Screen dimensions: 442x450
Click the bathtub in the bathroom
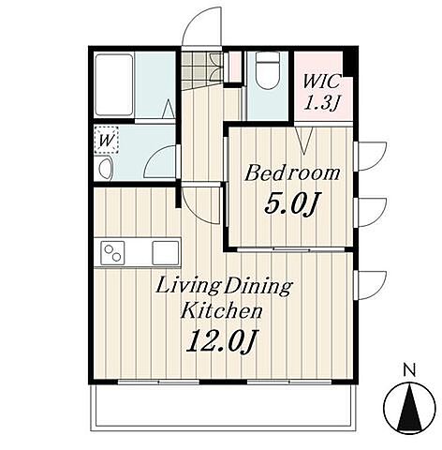(114, 84)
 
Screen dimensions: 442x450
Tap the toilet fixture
(267, 70)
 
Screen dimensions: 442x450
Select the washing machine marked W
(107, 140)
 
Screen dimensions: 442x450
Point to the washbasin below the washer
(105, 168)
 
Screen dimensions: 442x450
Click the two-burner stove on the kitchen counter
(112, 253)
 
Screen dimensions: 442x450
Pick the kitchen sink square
(166, 253)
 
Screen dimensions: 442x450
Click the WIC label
(321, 82)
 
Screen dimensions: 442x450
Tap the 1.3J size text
(322, 103)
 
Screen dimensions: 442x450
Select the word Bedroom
(292, 173)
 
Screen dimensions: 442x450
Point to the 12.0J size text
(221, 340)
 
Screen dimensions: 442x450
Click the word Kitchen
(221, 310)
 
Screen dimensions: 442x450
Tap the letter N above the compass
(409, 370)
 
